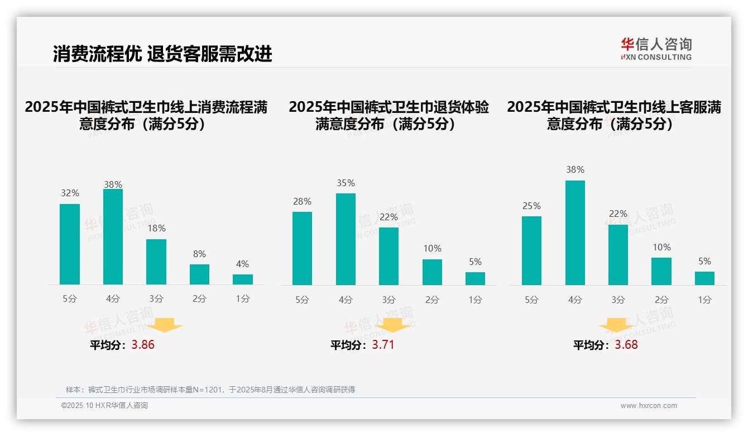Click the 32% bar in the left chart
[x=70, y=244]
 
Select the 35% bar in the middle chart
[x=346, y=239]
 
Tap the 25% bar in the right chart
[x=531, y=250]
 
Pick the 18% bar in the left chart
[x=156, y=262]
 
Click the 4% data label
[x=242, y=264]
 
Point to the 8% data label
[x=199, y=254]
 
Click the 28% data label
[x=302, y=201]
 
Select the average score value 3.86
[x=143, y=345]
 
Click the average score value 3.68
[x=626, y=345]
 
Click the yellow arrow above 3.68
[x=616, y=325]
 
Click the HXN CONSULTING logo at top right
[x=656, y=49]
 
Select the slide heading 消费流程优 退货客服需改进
[x=162, y=54]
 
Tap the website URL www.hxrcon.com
[x=649, y=406]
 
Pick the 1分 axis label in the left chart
[x=242, y=299]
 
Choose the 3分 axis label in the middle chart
[x=389, y=300]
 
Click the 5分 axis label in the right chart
[x=531, y=300]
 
